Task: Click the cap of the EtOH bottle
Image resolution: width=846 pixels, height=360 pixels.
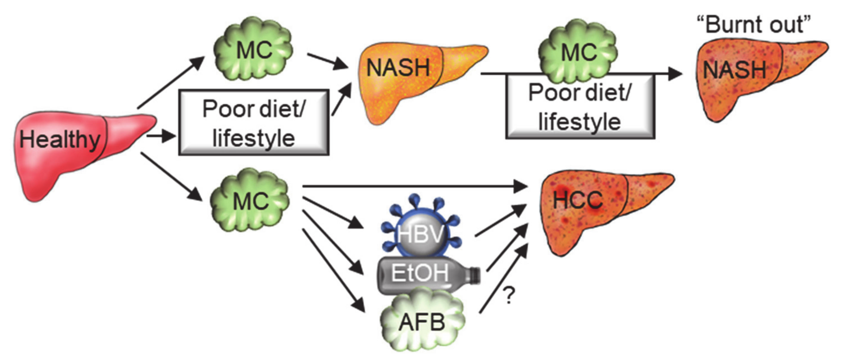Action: [475, 275]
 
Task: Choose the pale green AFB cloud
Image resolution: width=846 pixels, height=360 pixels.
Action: [422, 322]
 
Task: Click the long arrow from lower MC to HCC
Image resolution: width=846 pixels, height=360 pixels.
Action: [414, 187]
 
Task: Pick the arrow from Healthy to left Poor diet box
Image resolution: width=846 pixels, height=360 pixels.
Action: [161, 136]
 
